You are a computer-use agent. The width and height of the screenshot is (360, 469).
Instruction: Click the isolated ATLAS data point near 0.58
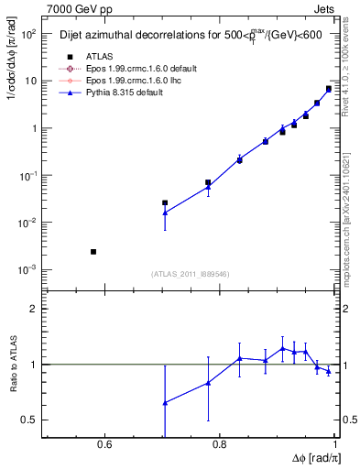93,251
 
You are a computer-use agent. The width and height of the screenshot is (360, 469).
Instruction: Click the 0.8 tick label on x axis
219,445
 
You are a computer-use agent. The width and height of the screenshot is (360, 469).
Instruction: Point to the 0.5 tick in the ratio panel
30,420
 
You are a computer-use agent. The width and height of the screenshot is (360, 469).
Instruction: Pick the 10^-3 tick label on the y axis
27,270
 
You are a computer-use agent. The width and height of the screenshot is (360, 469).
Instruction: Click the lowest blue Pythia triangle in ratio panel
165,403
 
